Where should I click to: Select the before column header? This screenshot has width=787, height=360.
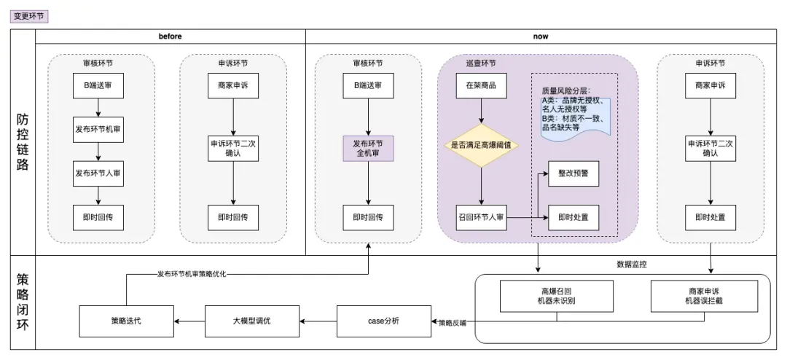pos(170,36)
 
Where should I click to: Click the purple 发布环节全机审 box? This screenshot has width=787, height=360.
pos(367,149)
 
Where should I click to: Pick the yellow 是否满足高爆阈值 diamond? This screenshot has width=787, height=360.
pos(481,145)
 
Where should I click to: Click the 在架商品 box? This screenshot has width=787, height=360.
pos(481,85)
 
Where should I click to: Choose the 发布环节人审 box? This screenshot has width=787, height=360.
pos(98,173)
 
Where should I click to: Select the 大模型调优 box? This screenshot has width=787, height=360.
pos(252,321)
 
